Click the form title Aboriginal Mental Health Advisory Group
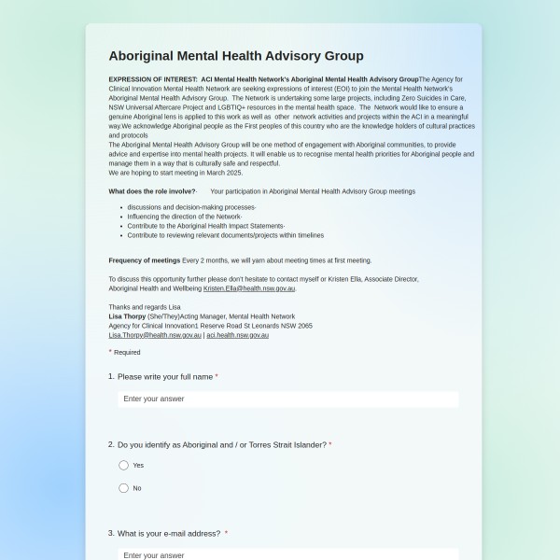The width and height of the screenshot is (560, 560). click(x=236, y=56)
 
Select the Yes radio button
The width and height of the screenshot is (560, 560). click(x=123, y=465)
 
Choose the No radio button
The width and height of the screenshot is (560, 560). click(x=123, y=488)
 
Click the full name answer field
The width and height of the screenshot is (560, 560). click(x=287, y=399)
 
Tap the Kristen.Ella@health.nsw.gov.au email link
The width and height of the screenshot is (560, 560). click(x=249, y=288)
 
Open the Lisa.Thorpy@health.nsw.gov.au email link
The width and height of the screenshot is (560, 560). click(x=155, y=334)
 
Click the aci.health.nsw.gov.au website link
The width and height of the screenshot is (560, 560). click(x=237, y=334)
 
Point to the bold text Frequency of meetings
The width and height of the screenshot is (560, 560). click(x=144, y=260)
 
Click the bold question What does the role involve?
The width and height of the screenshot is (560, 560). click(x=152, y=190)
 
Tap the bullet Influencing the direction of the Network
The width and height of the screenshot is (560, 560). click(x=184, y=217)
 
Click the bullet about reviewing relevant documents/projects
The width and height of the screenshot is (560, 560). click(x=225, y=235)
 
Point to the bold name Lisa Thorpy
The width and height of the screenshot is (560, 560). click(x=127, y=316)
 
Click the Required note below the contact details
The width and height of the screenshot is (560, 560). click(x=126, y=352)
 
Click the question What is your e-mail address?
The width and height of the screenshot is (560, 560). click(x=169, y=533)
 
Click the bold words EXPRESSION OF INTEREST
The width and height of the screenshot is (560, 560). click(x=152, y=79)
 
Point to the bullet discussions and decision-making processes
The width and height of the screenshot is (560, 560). click(x=190, y=207)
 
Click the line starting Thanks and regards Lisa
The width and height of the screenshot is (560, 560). click(x=145, y=306)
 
